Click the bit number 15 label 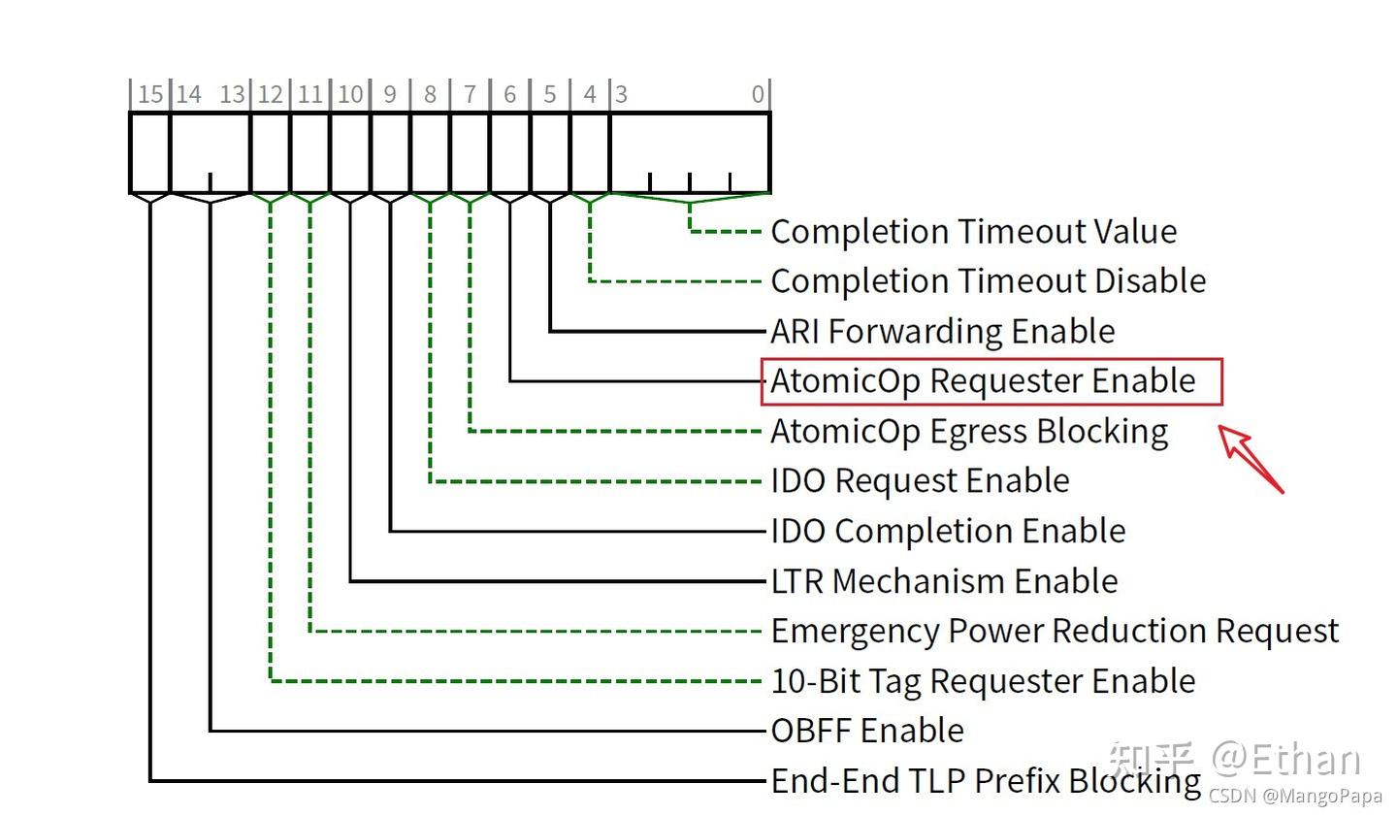point(150,94)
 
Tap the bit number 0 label point(758,94)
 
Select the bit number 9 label point(390,94)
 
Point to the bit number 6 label point(509,94)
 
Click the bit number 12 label point(270,94)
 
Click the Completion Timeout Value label point(973,232)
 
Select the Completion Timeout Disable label point(988,281)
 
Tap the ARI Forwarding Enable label point(942,332)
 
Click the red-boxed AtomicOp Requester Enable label point(983,380)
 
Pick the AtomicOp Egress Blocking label point(969,431)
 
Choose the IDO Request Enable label point(920,481)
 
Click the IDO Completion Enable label point(948,532)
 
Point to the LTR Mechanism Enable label point(944,581)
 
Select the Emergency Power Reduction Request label point(1055,632)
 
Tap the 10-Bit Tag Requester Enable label point(983,681)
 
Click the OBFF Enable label point(867,731)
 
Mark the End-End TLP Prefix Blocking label point(986,781)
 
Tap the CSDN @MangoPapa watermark point(1294,797)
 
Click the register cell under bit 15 point(150,153)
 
